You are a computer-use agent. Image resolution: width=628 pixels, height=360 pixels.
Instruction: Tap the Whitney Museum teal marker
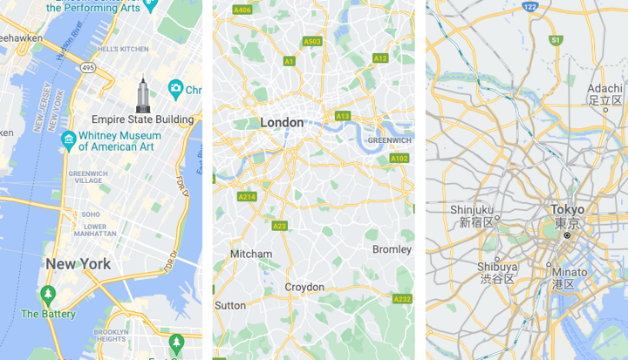(x=68, y=139)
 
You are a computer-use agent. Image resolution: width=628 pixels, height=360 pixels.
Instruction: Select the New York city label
(x=78, y=263)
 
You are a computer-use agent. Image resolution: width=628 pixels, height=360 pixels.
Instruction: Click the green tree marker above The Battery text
(x=48, y=294)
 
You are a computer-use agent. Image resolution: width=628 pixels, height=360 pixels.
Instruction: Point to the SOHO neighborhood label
(x=91, y=214)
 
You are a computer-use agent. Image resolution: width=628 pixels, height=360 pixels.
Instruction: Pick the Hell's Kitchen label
(x=119, y=49)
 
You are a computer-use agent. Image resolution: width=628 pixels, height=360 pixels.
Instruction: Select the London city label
(x=282, y=123)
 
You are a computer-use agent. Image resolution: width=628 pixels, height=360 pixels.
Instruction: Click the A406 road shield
(x=243, y=10)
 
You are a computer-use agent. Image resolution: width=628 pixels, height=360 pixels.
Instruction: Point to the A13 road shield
(x=343, y=116)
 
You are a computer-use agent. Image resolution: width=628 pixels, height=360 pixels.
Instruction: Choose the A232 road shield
(x=402, y=299)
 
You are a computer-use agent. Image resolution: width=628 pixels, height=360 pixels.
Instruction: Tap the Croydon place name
(x=304, y=288)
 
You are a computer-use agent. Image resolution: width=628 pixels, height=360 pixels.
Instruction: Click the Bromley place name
(x=392, y=249)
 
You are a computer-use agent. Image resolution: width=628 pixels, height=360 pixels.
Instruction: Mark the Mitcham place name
(x=250, y=254)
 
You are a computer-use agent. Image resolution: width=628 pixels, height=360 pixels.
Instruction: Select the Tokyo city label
(x=567, y=209)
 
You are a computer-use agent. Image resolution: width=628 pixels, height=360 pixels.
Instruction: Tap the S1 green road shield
(x=555, y=40)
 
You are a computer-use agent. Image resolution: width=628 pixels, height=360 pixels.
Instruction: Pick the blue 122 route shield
(x=529, y=6)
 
